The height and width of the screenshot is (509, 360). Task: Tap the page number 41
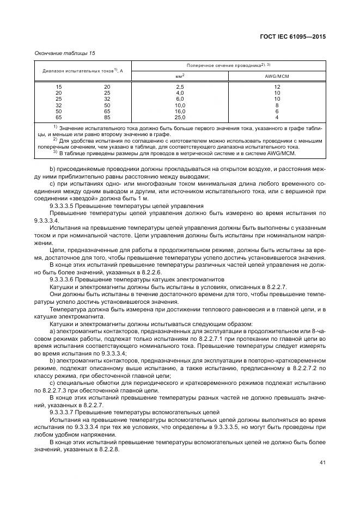click(322, 463)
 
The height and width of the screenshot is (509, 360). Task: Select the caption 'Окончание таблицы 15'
click(65, 53)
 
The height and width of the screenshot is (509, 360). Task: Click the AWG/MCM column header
click(277, 76)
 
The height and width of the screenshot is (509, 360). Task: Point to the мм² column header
click(180, 76)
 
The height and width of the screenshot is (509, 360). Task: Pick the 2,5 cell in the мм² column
click(180, 87)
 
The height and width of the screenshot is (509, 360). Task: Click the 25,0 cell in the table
click(180, 117)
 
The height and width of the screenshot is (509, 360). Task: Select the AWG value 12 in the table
click(277, 87)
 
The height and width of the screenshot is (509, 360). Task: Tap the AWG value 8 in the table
click(277, 105)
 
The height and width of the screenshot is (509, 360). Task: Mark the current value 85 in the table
click(107, 117)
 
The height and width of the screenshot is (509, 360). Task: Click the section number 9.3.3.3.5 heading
click(65, 207)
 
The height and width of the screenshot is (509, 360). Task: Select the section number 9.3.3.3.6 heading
click(65, 279)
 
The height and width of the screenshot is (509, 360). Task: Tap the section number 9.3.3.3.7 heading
click(65, 413)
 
